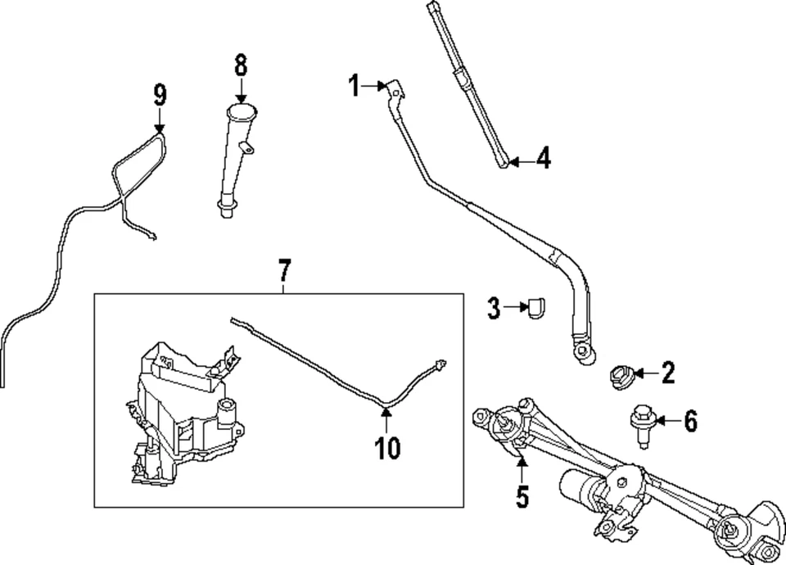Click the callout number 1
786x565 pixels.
click(x=355, y=85)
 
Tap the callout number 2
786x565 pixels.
click(x=668, y=375)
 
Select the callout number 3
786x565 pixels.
click(x=494, y=309)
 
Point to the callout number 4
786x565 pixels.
click(x=544, y=159)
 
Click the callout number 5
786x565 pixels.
click(x=522, y=496)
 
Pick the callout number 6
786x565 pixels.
click(x=690, y=423)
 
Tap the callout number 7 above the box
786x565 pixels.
click(x=283, y=269)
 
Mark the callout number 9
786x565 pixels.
click(x=160, y=96)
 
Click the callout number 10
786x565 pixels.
click(x=387, y=447)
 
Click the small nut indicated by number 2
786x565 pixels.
click(x=620, y=376)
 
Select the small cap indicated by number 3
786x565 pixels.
click(x=538, y=309)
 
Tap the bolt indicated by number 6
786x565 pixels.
click(x=640, y=425)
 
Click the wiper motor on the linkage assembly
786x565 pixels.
click(x=583, y=488)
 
